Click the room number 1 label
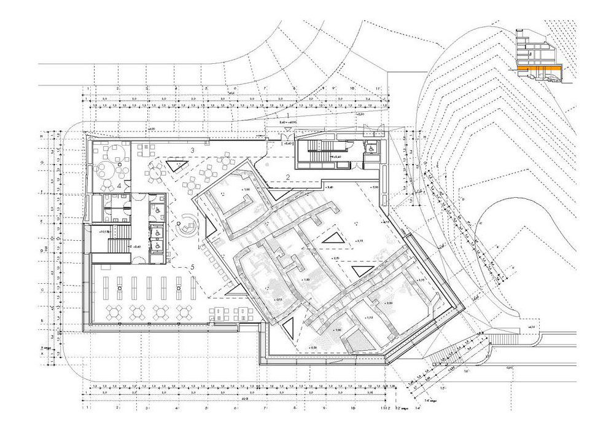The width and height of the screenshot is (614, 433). tap(287, 115)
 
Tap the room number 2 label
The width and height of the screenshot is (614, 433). tap(287, 178)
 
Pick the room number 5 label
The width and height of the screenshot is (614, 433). tap(192, 267)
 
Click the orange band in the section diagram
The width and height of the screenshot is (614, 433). tap(538, 68)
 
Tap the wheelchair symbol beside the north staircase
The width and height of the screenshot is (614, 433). tap(370, 148)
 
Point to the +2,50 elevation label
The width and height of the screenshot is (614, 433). tap(335, 259)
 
